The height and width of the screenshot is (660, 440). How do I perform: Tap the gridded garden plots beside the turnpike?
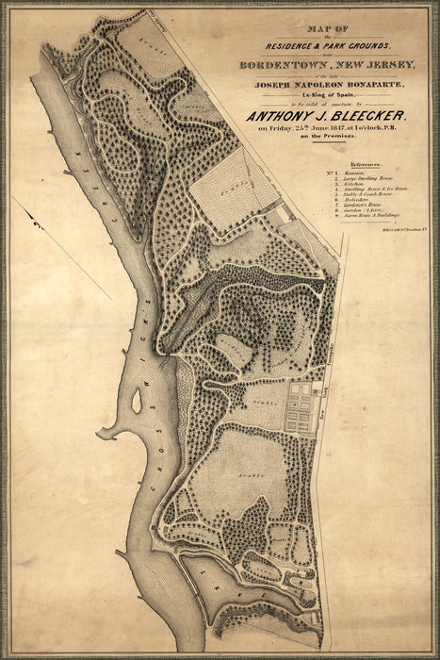(x=302, y=406)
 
